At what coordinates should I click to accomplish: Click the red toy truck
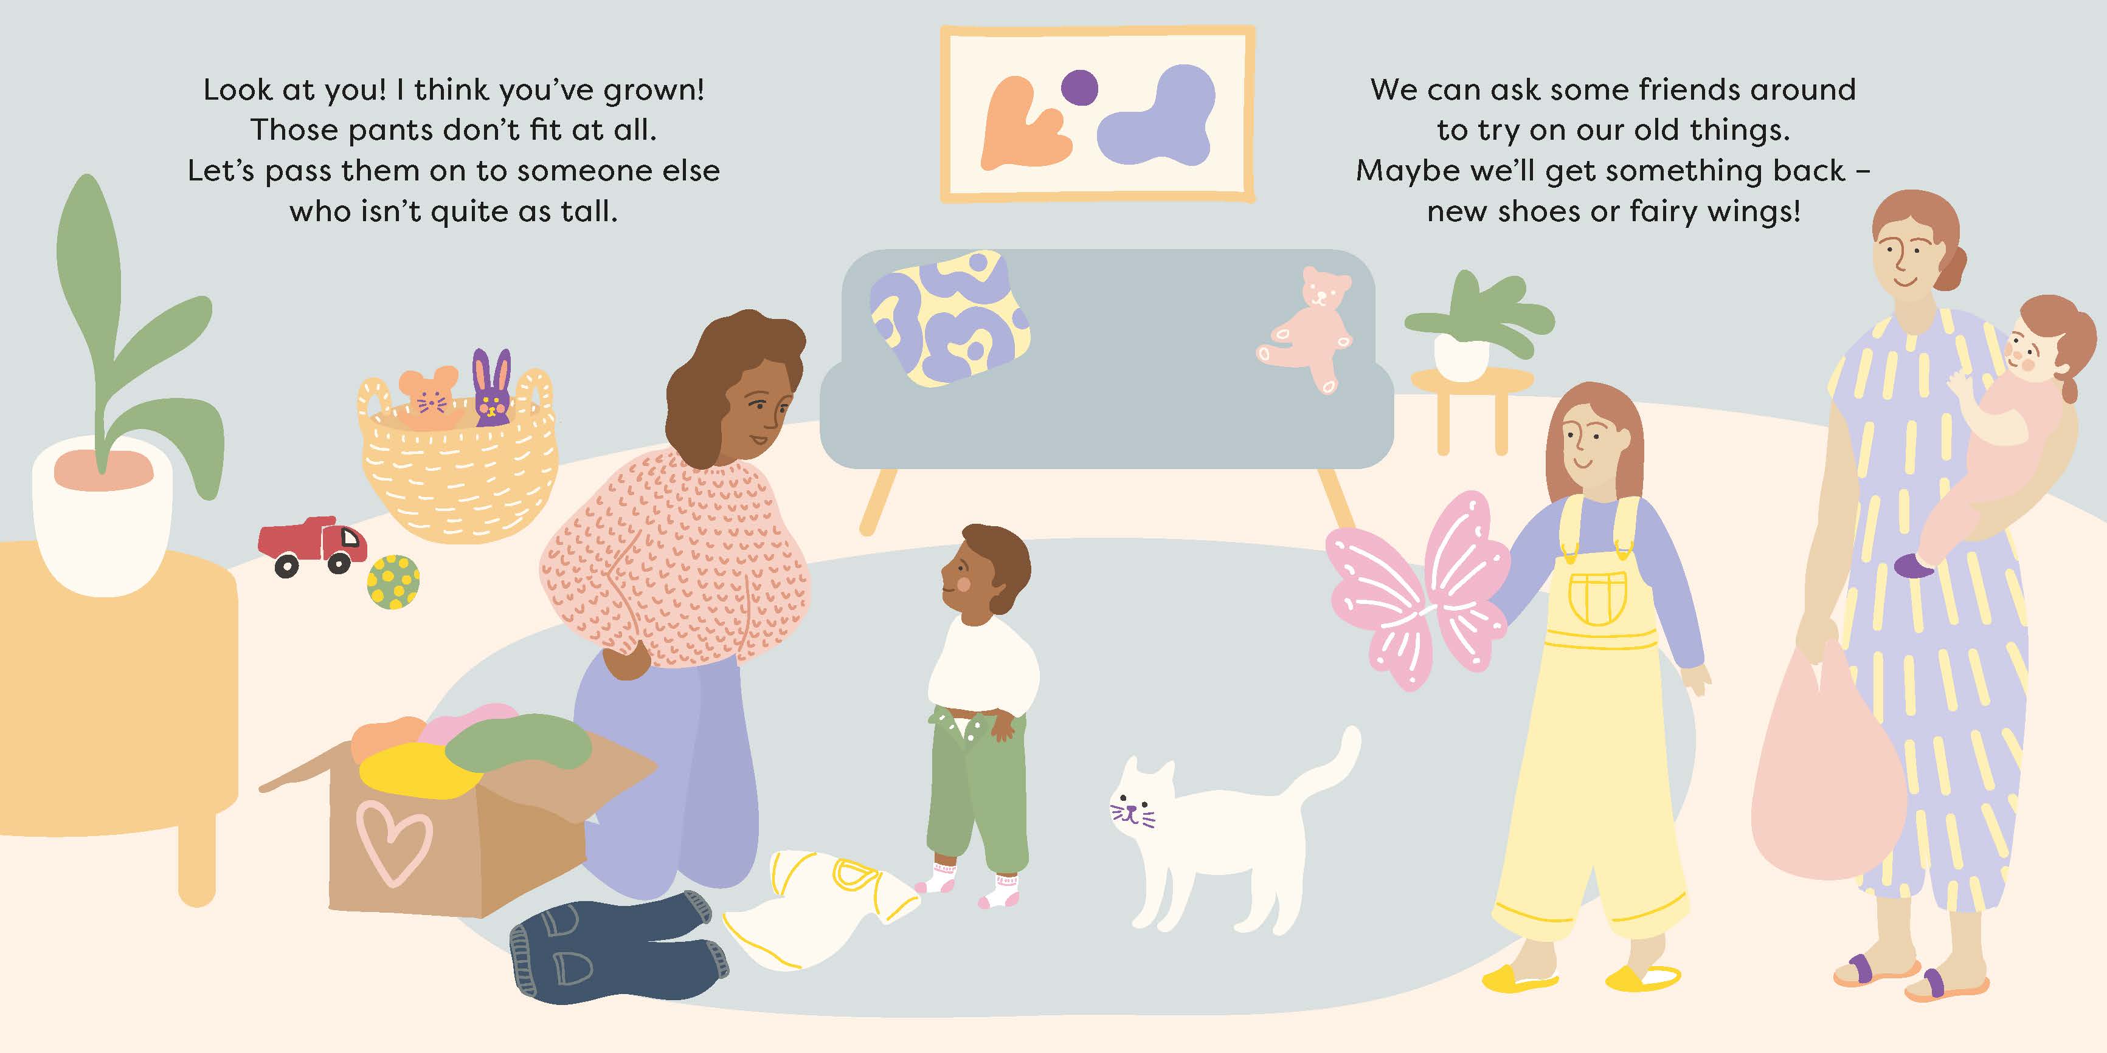tap(311, 545)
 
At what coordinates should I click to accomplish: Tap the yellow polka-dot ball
tap(393, 582)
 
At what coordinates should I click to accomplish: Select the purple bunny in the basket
tap(491, 388)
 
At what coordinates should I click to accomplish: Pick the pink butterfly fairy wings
tap(1417, 589)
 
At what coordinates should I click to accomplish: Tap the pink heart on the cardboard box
tap(393, 842)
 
